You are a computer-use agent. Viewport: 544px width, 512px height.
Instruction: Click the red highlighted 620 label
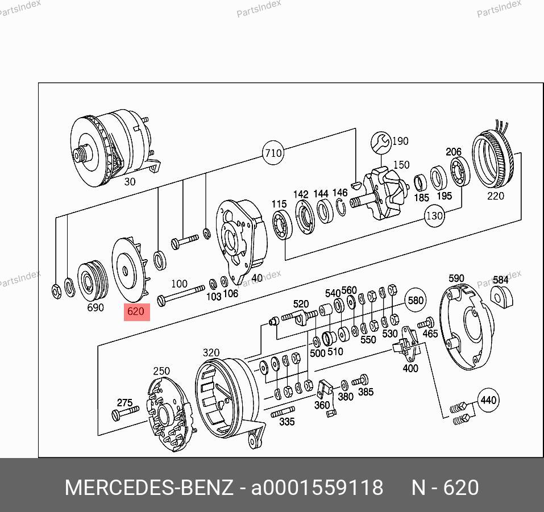pyautogui.click(x=136, y=312)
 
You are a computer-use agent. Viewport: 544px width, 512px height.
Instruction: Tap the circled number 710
pyautogui.click(x=273, y=153)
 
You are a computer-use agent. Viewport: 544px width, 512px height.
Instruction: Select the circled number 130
pyautogui.click(x=434, y=216)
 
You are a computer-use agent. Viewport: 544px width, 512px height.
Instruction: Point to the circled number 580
pyautogui.click(x=416, y=300)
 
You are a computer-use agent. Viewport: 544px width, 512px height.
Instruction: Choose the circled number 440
pyautogui.click(x=488, y=400)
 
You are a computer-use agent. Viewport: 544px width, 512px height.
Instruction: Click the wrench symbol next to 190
pyautogui.click(x=381, y=142)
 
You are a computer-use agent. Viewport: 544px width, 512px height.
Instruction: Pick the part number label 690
pyautogui.click(x=95, y=307)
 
